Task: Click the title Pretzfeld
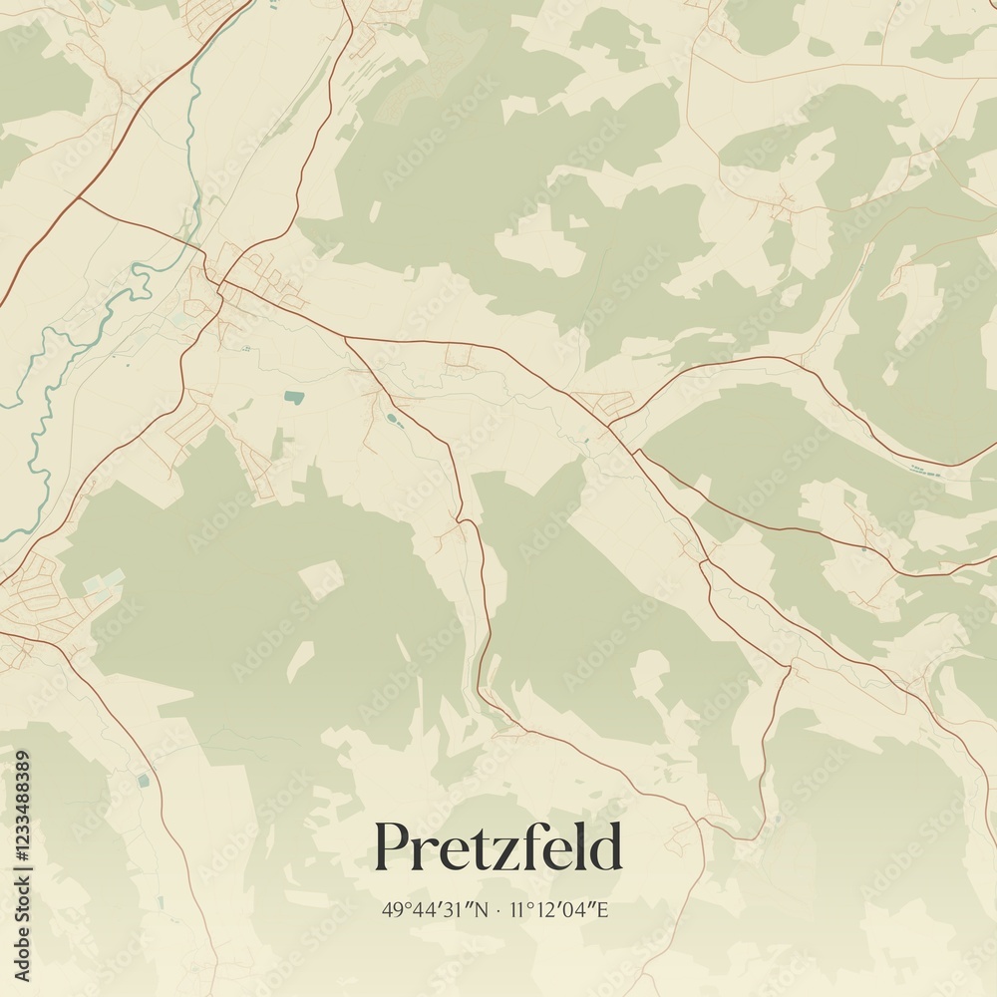coord(498,847)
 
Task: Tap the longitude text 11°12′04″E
coord(559,910)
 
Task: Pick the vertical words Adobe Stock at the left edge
coord(23,927)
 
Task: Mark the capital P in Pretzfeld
coord(392,847)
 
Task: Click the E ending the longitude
coord(602,910)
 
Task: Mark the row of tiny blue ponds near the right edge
coord(925,471)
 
